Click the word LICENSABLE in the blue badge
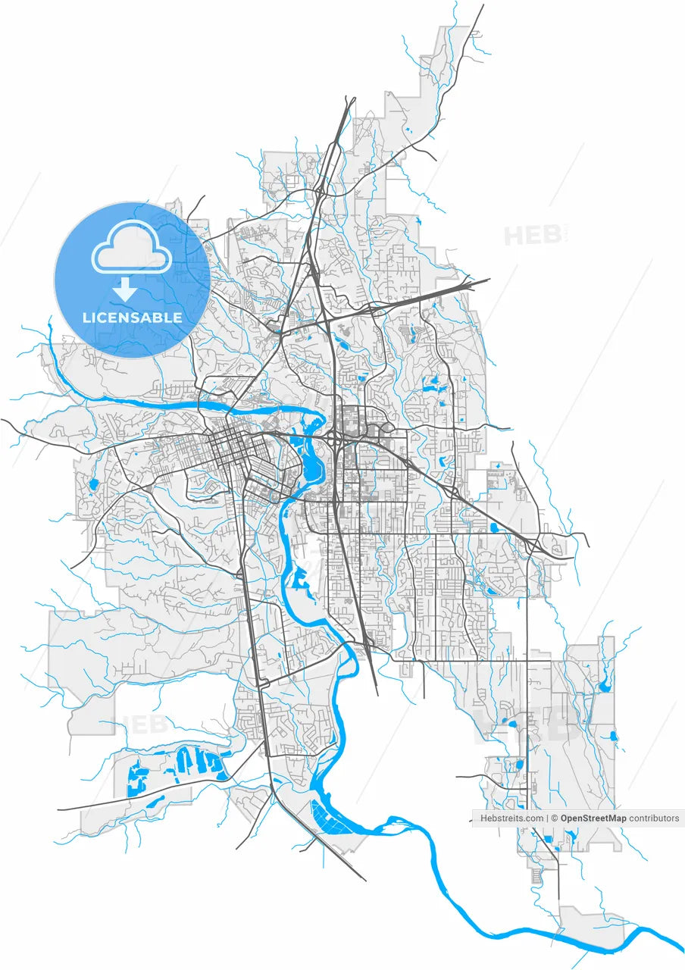133,318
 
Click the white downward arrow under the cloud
124,289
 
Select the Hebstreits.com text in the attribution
511,818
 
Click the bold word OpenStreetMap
593,818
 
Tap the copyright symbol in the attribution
555,818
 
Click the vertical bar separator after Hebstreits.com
547,818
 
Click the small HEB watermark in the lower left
140,724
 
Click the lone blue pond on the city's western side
93,483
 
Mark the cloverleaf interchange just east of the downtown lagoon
334,438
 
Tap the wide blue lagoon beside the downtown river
311,455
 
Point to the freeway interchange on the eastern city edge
536,546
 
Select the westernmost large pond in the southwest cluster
138,778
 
